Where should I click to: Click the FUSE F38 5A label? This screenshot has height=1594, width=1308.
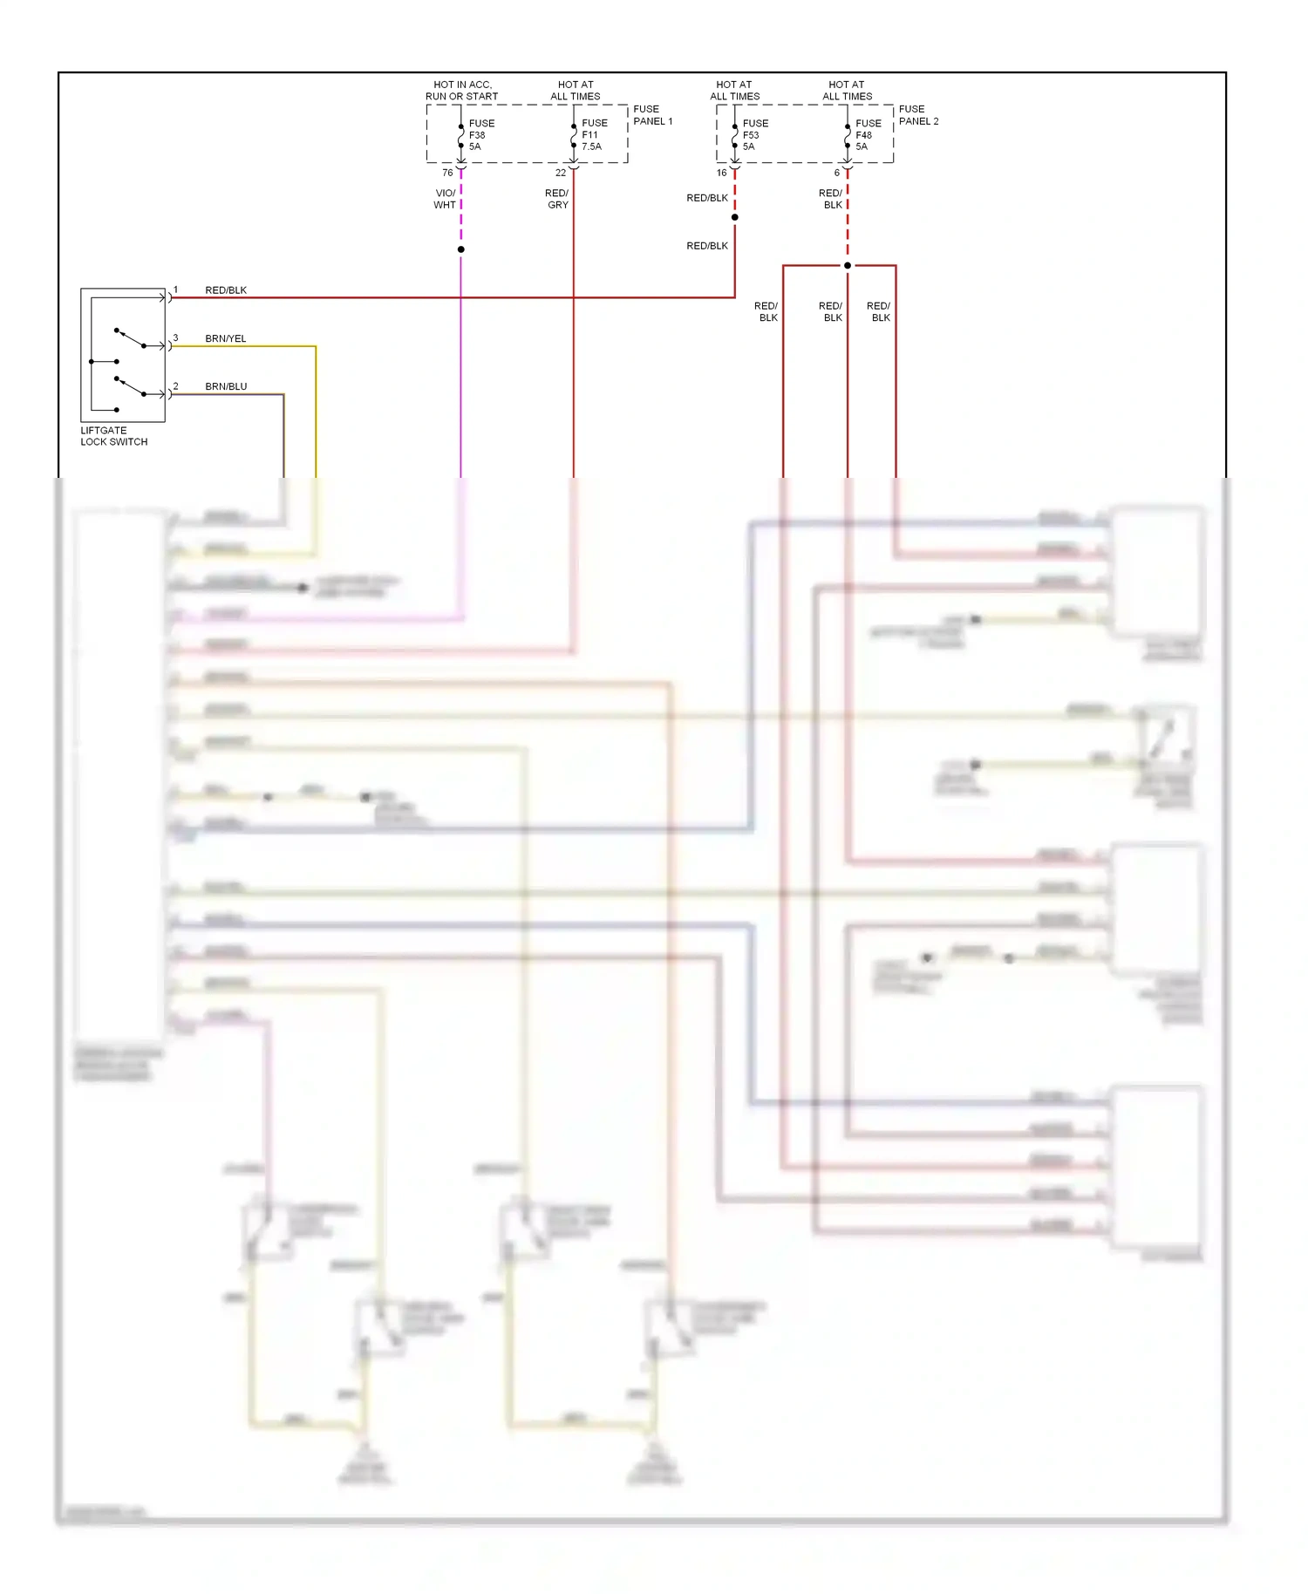click(480, 135)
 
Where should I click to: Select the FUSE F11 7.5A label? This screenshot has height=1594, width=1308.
click(594, 135)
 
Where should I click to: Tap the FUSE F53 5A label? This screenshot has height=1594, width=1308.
click(754, 135)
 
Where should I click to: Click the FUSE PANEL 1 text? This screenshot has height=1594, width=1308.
click(652, 115)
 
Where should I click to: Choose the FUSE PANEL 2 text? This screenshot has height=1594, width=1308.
click(918, 115)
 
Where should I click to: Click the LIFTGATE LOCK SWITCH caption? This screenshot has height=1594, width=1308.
click(113, 436)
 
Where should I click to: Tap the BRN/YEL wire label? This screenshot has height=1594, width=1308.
click(225, 338)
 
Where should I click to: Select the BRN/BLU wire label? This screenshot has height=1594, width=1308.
click(225, 386)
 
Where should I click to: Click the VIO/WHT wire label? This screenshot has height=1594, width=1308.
click(445, 199)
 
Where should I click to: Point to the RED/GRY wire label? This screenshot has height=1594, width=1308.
click(557, 199)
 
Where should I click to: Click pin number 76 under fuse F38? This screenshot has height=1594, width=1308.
click(447, 173)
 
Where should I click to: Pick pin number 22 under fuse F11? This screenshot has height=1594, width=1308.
click(561, 173)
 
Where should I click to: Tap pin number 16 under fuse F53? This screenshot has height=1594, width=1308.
click(721, 173)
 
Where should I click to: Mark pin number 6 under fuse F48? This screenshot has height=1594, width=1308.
click(836, 173)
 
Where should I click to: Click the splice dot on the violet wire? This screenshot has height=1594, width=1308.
click(461, 249)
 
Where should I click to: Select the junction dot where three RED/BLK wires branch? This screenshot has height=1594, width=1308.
click(848, 265)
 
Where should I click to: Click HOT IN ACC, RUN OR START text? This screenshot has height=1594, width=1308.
click(462, 91)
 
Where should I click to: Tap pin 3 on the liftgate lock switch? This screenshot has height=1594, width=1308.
click(175, 337)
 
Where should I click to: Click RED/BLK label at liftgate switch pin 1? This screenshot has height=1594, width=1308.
click(225, 290)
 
